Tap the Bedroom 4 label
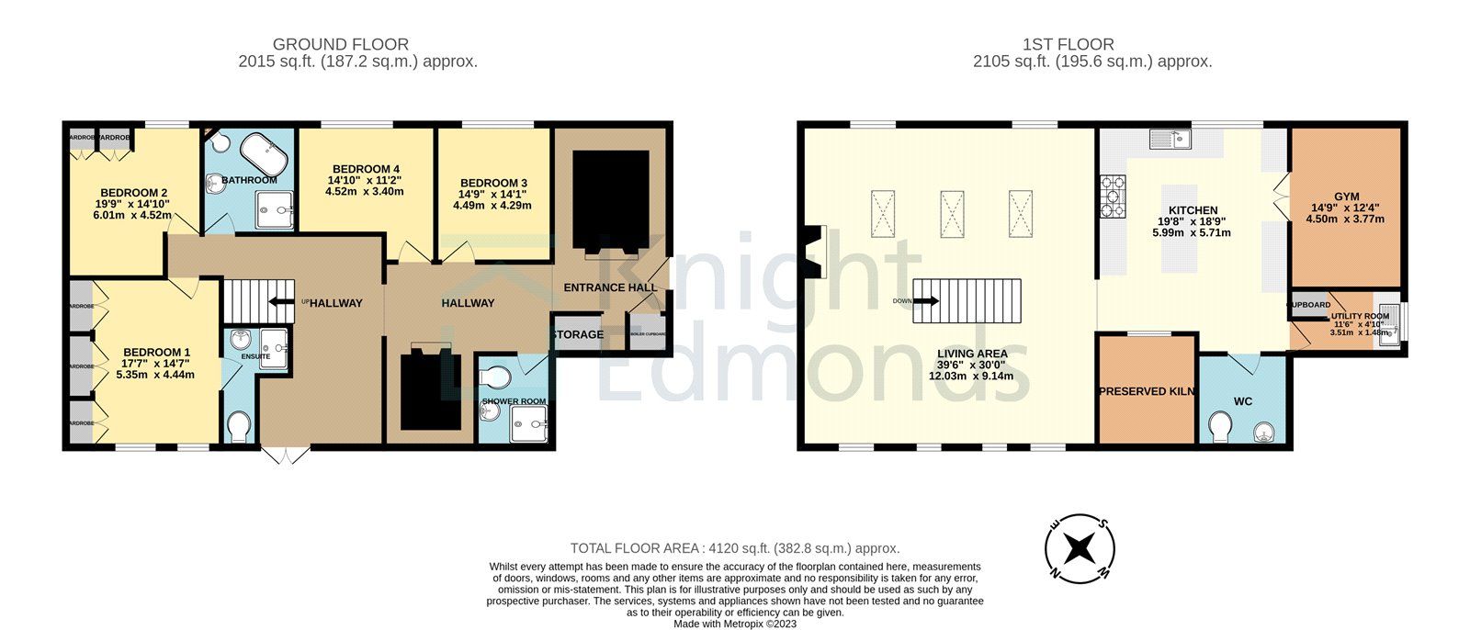[366, 169]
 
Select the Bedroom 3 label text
[493, 183]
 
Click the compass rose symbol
[1080, 549]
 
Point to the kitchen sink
[1170, 139]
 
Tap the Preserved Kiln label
[1147, 391]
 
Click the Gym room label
[1347, 197]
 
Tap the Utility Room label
[1361, 316]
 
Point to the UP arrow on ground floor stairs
[276, 300]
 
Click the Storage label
[578, 334]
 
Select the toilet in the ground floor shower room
[498, 377]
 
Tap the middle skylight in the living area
[952, 214]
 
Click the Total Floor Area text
[734, 547]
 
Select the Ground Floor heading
[341, 44]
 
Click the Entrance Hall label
[610, 287]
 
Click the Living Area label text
[971, 354]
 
